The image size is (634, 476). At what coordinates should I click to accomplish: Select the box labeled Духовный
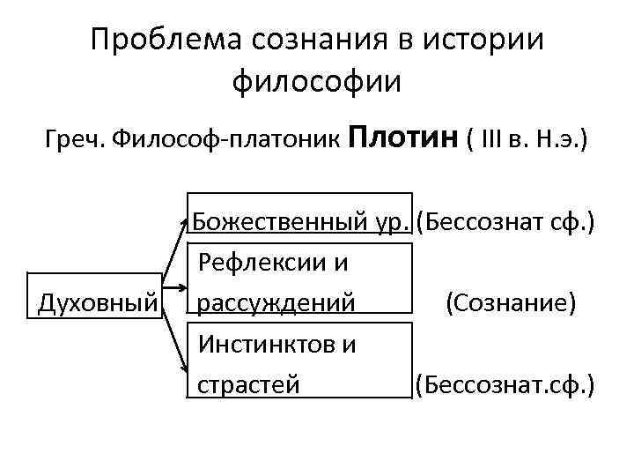click(x=97, y=303)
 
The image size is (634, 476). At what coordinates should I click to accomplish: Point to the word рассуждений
click(x=276, y=303)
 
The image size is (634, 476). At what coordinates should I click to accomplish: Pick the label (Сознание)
click(x=511, y=303)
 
